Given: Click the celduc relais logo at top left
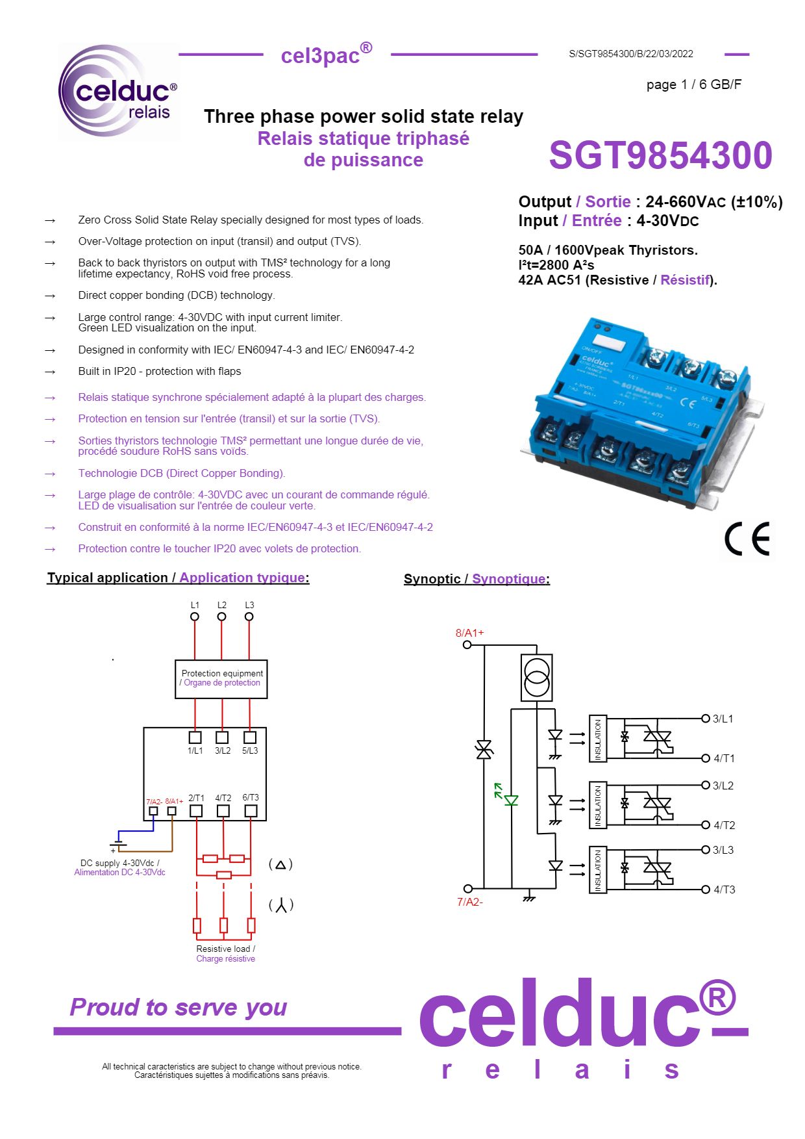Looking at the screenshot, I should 119,91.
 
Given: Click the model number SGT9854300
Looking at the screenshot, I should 660,156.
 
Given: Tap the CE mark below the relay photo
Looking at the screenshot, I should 747,539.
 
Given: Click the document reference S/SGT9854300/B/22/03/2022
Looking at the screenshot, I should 630,54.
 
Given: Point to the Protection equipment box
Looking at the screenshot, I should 221,679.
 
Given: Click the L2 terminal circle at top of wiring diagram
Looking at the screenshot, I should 222,617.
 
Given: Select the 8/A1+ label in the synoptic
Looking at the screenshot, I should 469,632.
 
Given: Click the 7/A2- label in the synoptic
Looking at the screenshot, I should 469,902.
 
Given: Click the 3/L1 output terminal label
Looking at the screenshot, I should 723,719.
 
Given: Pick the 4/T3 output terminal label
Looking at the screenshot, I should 724,889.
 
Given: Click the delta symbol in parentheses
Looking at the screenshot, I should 280,864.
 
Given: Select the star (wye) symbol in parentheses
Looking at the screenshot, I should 280,905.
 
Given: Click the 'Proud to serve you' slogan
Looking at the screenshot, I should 179,1007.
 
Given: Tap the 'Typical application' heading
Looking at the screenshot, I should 107,578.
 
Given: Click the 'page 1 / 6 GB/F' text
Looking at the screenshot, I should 693,84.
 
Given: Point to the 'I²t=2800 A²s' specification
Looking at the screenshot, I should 556,265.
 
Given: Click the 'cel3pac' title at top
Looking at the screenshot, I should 326,55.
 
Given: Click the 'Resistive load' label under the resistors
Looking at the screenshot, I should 225,949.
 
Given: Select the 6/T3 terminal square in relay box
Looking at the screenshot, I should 251,811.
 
